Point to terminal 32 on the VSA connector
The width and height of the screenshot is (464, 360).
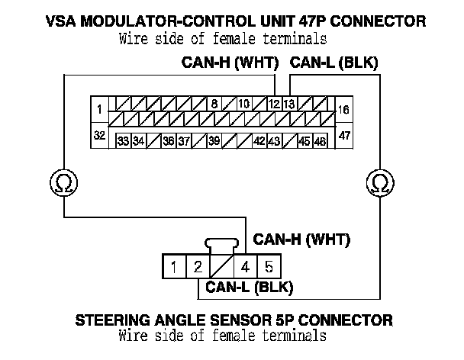[x=100, y=136]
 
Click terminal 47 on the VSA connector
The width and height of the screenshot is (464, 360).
[x=344, y=136]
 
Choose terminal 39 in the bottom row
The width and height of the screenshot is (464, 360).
[x=214, y=141]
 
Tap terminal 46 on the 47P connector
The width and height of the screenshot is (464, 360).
[x=321, y=141]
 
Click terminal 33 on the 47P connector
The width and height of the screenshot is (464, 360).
[x=123, y=141]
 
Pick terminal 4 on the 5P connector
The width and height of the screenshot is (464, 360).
[x=245, y=267]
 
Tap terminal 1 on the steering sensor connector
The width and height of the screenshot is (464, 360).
[x=175, y=267]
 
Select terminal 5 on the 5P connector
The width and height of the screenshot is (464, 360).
[x=268, y=267]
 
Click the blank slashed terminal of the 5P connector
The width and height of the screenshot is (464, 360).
[x=221, y=267]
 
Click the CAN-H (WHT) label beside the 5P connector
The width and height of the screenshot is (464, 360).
[x=301, y=241]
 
